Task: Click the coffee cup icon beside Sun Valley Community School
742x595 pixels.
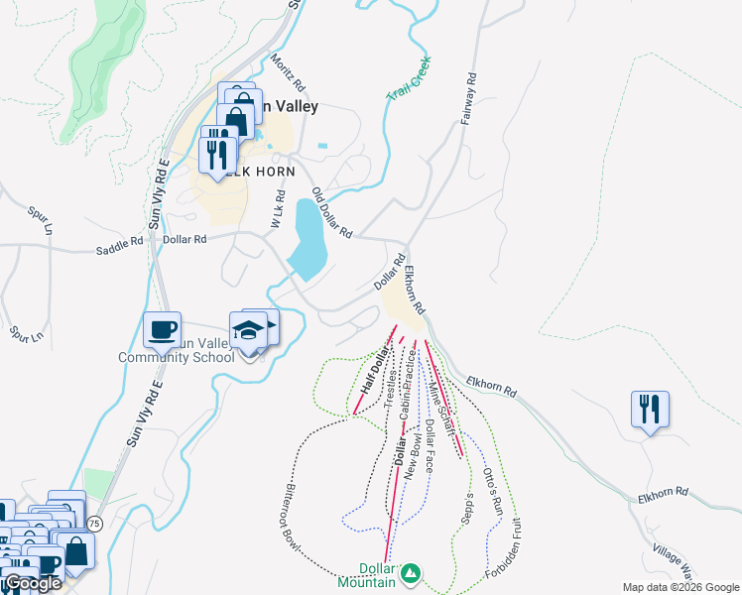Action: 161,329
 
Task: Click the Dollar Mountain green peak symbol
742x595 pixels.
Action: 409,573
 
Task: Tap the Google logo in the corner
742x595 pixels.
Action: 32,584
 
